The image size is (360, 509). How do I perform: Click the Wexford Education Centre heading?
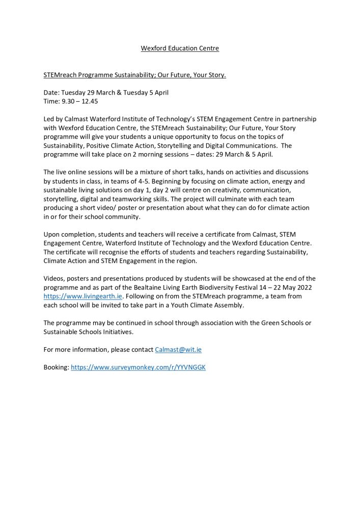coord(180,48)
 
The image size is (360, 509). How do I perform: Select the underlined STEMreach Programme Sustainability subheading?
coord(134,75)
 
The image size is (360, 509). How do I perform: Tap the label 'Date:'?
coord(51,93)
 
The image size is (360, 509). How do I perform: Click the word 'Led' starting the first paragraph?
coord(49,119)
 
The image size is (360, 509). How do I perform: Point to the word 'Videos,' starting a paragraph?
coord(54,278)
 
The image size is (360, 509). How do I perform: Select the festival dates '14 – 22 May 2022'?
coord(283,287)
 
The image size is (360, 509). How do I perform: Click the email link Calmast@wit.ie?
coord(181,349)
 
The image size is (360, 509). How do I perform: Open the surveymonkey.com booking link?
coord(138,367)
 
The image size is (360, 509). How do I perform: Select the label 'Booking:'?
coord(56,367)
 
